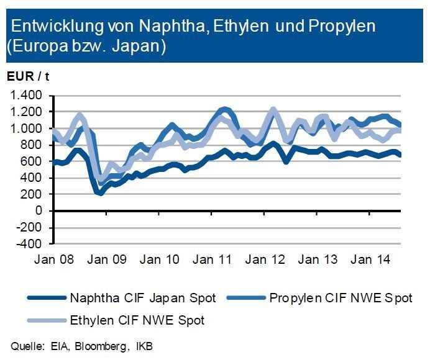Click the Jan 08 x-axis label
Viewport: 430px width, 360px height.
click(x=55, y=259)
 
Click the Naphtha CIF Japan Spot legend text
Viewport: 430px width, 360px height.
click(x=144, y=298)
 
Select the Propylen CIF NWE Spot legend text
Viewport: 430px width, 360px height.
click(x=341, y=298)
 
